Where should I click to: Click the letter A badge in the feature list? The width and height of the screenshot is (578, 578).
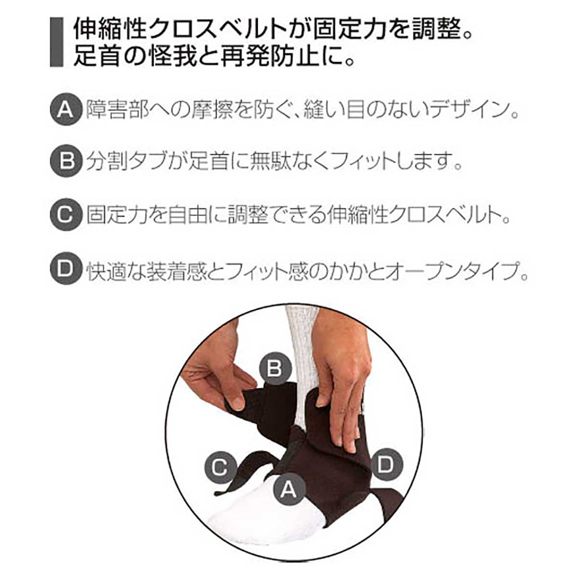pyautogui.click(x=65, y=110)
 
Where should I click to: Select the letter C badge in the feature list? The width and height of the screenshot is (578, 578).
pyautogui.click(x=65, y=215)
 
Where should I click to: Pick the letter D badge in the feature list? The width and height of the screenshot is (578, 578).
pyautogui.click(x=65, y=269)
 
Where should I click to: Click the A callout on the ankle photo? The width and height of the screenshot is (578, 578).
pyautogui.click(x=288, y=488)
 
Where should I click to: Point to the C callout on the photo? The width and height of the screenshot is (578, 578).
pyautogui.click(x=219, y=467)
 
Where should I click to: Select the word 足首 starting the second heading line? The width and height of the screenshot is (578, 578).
pyautogui.click(x=92, y=56)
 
